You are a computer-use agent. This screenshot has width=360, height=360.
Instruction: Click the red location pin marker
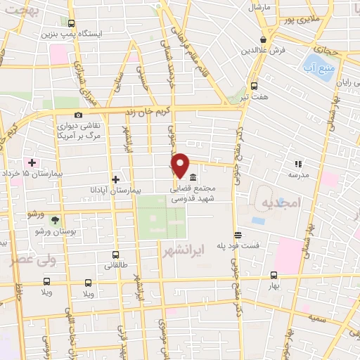pos(181,165)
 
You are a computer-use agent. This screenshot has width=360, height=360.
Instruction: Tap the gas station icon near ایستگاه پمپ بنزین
pos(71,23)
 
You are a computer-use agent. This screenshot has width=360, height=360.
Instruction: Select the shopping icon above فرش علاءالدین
pos(263,40)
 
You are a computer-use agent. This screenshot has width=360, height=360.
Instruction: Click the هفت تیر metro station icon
pos(254,86)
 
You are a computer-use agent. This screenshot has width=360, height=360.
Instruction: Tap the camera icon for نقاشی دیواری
pos(78,115)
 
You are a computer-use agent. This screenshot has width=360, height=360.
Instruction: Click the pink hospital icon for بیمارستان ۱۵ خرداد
pos(31,162)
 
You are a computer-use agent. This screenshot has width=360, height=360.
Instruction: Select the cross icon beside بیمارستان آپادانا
pos(116,179)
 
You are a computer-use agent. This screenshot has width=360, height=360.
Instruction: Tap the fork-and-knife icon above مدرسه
pos(298,163)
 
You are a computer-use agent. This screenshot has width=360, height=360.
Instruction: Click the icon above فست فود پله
pos(238,235)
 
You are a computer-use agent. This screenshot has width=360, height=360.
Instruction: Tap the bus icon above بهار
pos(274,276)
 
